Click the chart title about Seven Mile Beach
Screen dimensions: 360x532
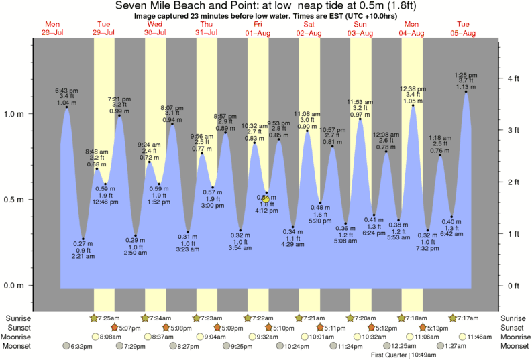point(266,5)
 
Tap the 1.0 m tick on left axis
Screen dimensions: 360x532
point(15,114)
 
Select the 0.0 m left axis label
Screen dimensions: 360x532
point(15,286)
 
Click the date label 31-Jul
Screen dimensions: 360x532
point(206,32)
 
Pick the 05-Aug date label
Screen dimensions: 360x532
point(463,32)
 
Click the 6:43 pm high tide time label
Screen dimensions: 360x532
point(66,90)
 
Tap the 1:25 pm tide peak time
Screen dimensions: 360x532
point(466,75)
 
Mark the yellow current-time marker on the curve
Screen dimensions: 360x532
point(266,198)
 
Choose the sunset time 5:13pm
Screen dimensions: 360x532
point(421,327)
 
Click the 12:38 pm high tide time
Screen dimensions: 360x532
point(412,88)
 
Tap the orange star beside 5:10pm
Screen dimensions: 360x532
point(268,327)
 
